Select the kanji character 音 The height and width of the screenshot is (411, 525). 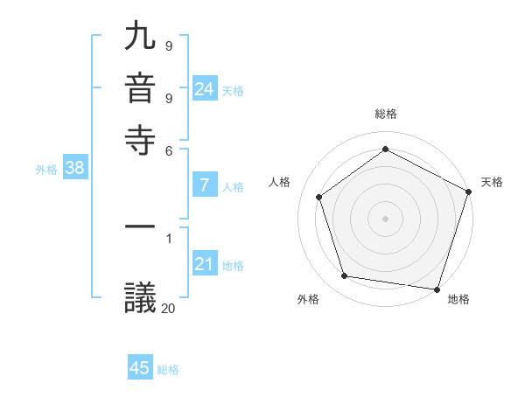click(141, 87)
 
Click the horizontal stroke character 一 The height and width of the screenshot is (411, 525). click(141, 230)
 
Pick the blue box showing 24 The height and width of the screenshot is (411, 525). click(205, 88)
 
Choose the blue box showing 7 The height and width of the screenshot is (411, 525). click(205, 185)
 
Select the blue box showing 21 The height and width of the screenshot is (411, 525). click(205, 264)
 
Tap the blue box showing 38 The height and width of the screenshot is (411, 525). click(74, 169)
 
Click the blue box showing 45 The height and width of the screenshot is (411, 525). click(140, 368)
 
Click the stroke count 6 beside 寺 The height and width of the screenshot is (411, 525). click(168, 150)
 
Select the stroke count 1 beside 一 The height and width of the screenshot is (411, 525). click(168, 238)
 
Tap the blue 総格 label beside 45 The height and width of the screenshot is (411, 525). click(168, 370)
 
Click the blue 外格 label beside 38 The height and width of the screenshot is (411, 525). click(46, 171)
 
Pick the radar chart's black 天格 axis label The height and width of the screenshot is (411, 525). click(492, 182)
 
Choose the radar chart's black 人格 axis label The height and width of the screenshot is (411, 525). click(279, 182)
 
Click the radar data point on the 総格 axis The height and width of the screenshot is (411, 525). click(385, 149)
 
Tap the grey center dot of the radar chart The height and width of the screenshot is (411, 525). click(385, 218)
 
